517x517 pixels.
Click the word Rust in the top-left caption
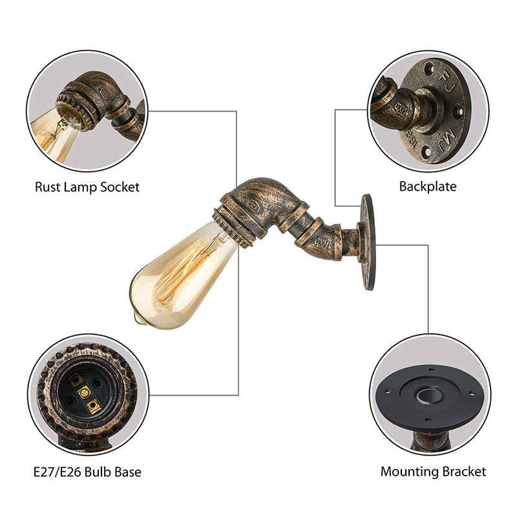pos(47,187)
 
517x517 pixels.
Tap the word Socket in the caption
pos(120,187)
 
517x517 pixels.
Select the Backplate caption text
pos(427,187)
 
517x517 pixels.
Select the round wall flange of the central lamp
pos(368,242)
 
